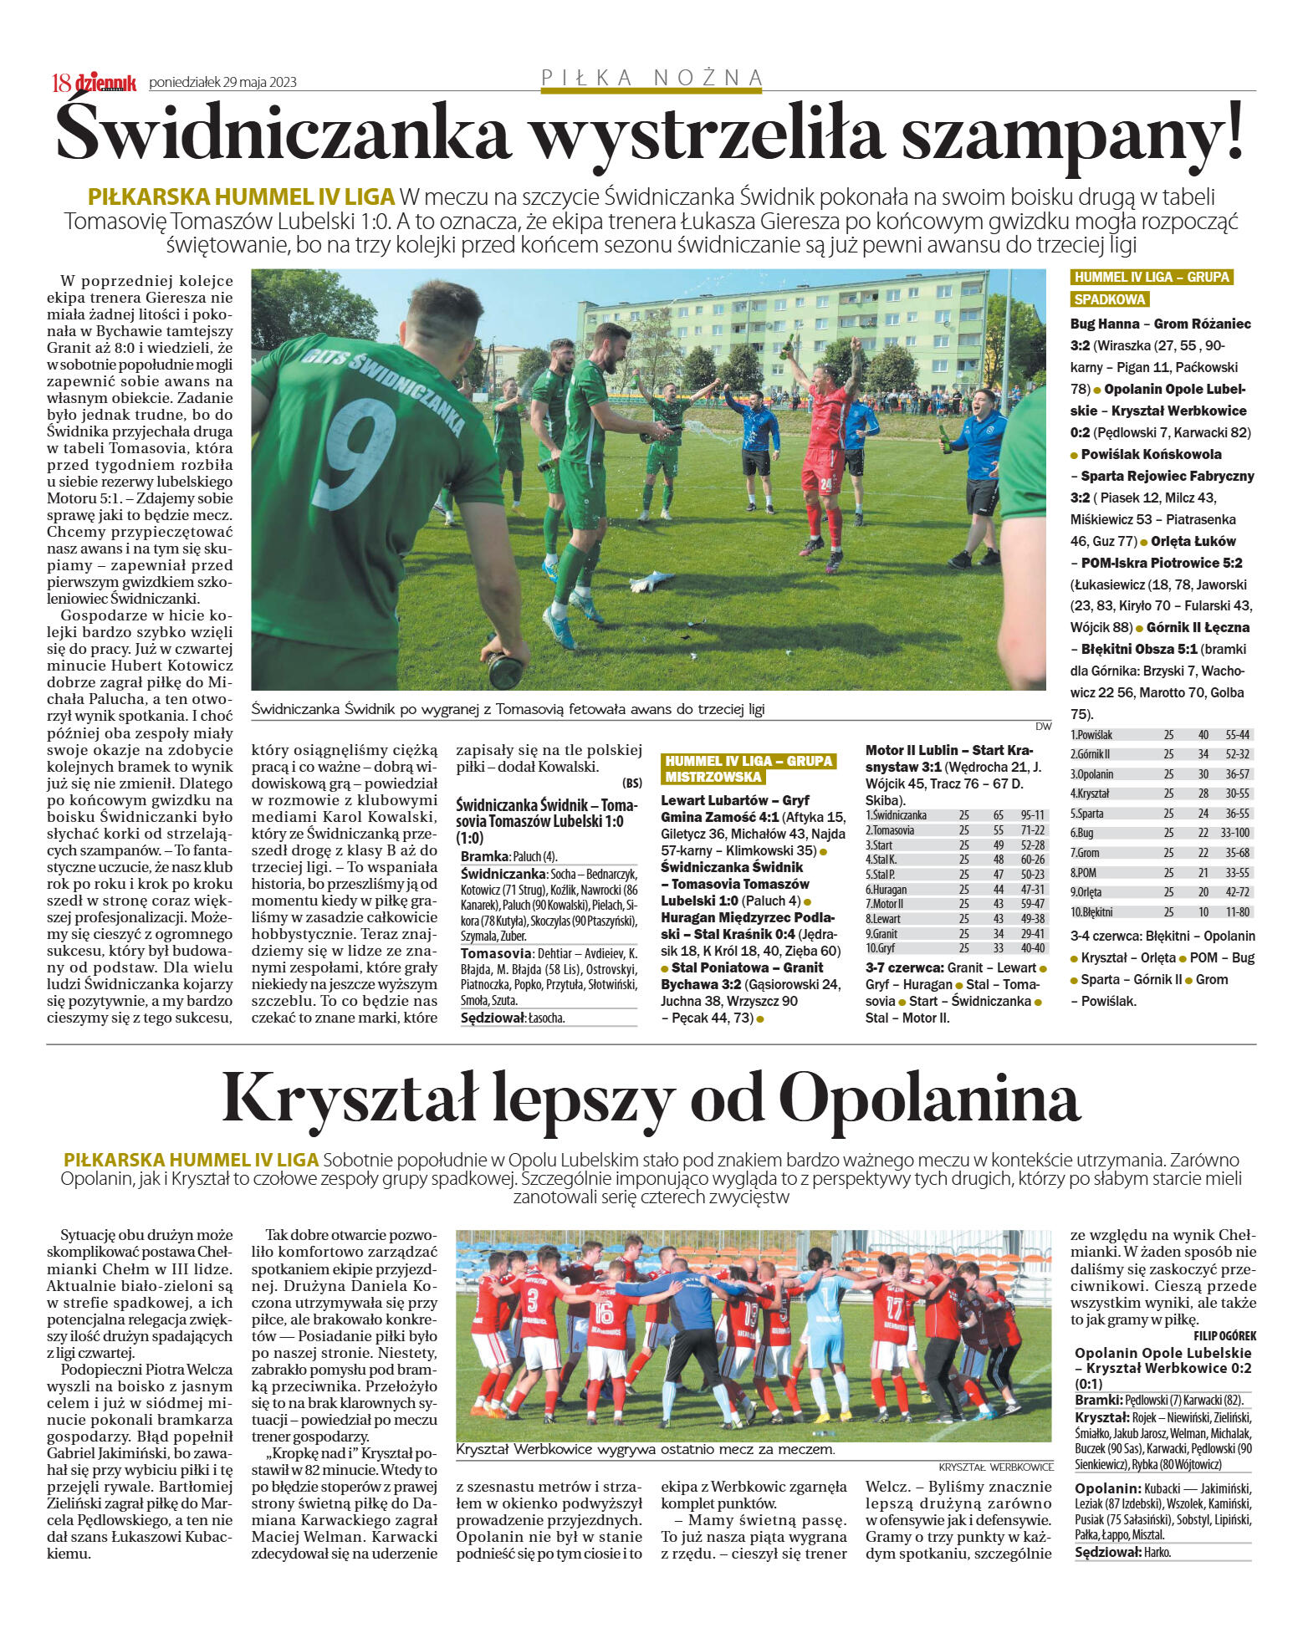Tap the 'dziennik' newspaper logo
106,82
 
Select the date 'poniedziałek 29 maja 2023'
222,82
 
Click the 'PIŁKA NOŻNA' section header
652,78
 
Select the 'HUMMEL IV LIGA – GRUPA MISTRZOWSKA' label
749,768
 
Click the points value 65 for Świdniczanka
999,815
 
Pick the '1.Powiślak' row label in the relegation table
1091,735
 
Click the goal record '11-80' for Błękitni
1237,912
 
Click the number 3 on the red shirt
533,1300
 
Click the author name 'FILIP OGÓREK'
1224,1336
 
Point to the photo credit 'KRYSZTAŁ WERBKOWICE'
995,1467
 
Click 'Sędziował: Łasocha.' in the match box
513,1018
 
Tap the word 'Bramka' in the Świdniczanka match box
483,856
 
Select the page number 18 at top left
61,82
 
